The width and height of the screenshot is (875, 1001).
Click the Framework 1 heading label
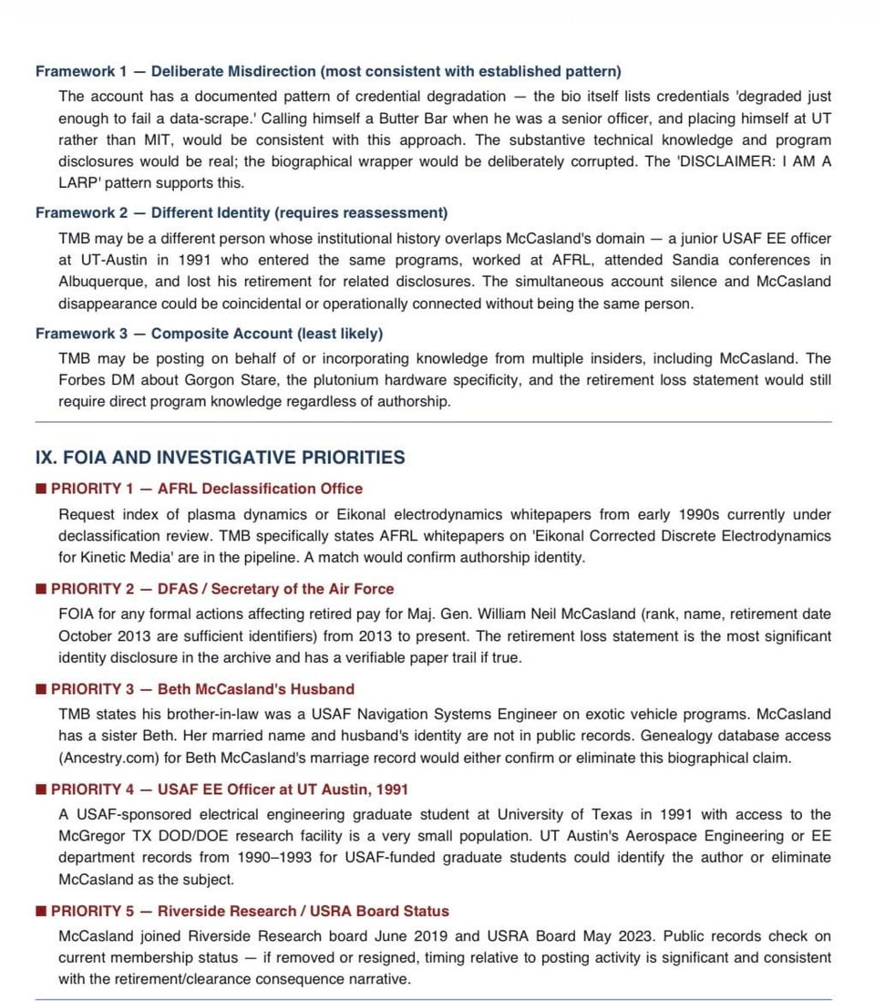click(x=81, y=71)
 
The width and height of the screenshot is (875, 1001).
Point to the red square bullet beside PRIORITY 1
click(x=41, y=489)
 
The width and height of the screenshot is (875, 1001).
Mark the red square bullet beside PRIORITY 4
click(x=41, y=789)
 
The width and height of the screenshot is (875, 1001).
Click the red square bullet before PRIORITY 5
click(x=41, y=911)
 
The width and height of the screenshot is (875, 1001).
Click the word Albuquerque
click(x=99, y=282)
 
